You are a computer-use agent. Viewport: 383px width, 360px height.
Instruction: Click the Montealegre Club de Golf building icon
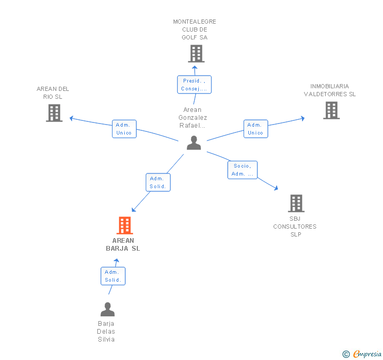tap(196, 53)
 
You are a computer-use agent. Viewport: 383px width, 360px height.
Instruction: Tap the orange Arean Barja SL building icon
tap(124, 225)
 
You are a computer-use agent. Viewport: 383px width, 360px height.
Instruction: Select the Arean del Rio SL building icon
tap(54, 112)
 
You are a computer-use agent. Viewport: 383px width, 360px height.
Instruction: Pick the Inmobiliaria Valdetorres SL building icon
tap(331, 110)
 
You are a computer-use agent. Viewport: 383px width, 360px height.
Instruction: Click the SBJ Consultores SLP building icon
tap(296, 203)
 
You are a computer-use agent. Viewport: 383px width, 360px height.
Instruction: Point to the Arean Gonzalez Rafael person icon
tap(194, 143)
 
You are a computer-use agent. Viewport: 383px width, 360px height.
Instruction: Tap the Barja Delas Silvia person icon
tap(107, 310)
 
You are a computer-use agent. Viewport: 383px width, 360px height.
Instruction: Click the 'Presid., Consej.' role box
tap(194, 85)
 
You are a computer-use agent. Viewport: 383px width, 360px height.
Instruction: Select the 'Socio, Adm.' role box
tap(243, 170)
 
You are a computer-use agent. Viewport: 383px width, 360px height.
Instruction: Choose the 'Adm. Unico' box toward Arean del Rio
tap(124, 129)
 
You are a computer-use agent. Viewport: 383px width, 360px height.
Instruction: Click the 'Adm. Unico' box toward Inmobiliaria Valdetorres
tap(255, 129)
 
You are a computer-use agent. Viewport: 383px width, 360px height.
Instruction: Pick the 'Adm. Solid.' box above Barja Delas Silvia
tap(113, 276)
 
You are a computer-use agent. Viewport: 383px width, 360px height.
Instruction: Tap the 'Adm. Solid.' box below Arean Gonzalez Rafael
tap(158, 182)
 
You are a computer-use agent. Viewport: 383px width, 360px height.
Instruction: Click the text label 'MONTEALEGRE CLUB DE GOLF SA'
tap(195, 29)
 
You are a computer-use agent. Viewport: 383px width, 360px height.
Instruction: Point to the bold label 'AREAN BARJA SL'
tap(123, 244)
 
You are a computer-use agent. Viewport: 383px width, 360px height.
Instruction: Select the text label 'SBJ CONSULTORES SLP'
tap(295, 227)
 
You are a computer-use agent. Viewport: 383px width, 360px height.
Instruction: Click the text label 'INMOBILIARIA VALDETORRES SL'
tap(330, 90)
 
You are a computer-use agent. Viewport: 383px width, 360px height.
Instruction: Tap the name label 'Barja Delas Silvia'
tap(106, 332)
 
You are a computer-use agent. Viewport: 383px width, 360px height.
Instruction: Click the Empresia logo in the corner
tap(362, 354)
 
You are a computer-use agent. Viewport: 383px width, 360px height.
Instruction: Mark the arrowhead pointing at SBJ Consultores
tap(276, 187)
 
